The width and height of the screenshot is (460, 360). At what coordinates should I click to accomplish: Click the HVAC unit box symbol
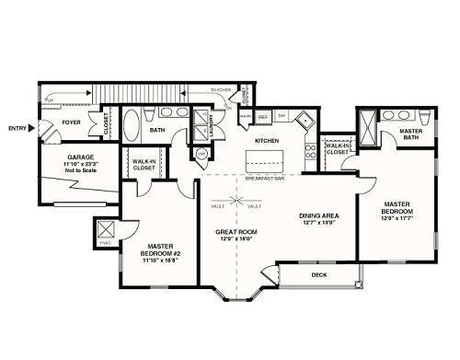click(105, 229)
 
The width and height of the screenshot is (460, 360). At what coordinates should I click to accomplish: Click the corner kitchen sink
click(311, 119)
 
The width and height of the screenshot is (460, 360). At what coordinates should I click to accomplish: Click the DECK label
click(319, 274)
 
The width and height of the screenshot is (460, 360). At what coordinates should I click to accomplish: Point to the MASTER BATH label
click(411, 135)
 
